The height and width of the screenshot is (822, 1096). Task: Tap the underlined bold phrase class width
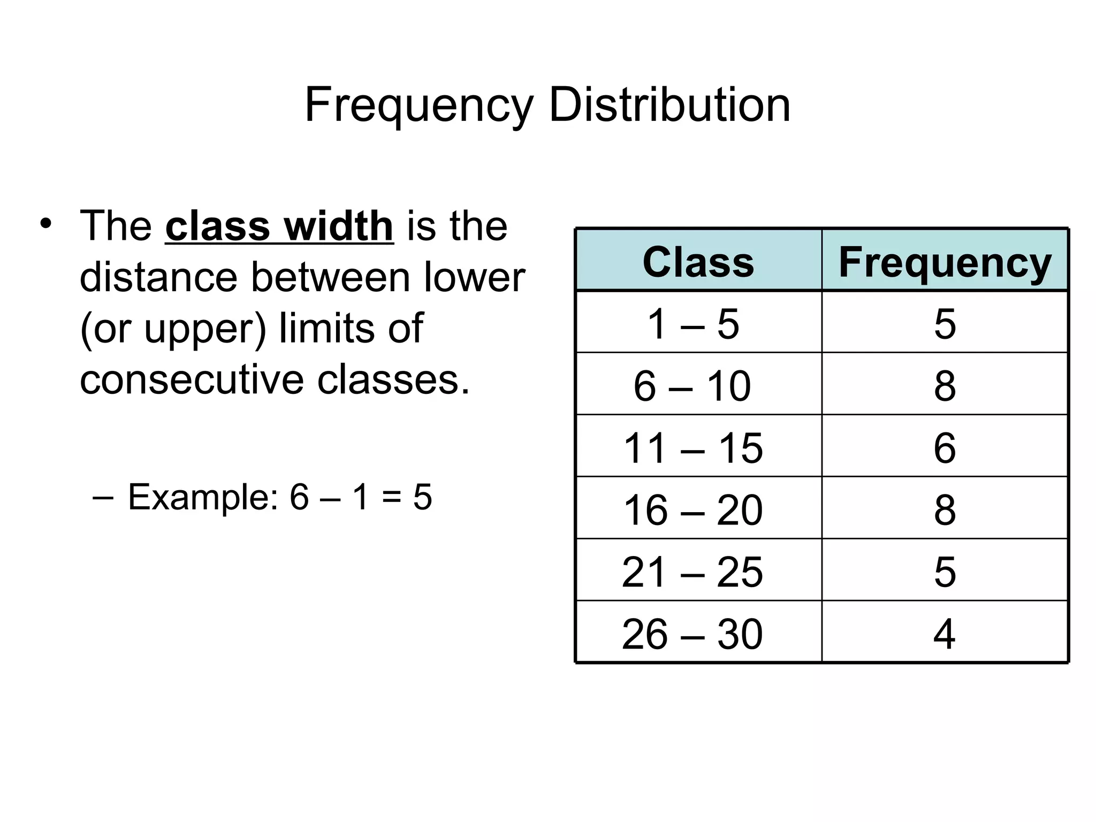[x=279, y=226]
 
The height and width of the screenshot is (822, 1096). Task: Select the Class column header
[x=698, y=262]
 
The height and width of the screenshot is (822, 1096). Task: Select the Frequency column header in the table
[x=945, y=262]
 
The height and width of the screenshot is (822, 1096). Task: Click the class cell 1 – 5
[x=693, y=324]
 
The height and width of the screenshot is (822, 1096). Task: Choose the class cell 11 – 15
[x=693, y=448]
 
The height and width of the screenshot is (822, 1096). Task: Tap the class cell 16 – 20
[x=693, y=510]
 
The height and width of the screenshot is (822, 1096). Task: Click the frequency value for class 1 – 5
[x=945, y=324]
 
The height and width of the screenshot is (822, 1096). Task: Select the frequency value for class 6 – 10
[x=945, y=386]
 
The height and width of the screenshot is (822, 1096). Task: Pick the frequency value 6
[x=945, y=448]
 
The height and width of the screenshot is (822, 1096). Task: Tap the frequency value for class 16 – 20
[x=945, y=510]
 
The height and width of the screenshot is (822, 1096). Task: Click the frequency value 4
[x=945, y=634]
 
